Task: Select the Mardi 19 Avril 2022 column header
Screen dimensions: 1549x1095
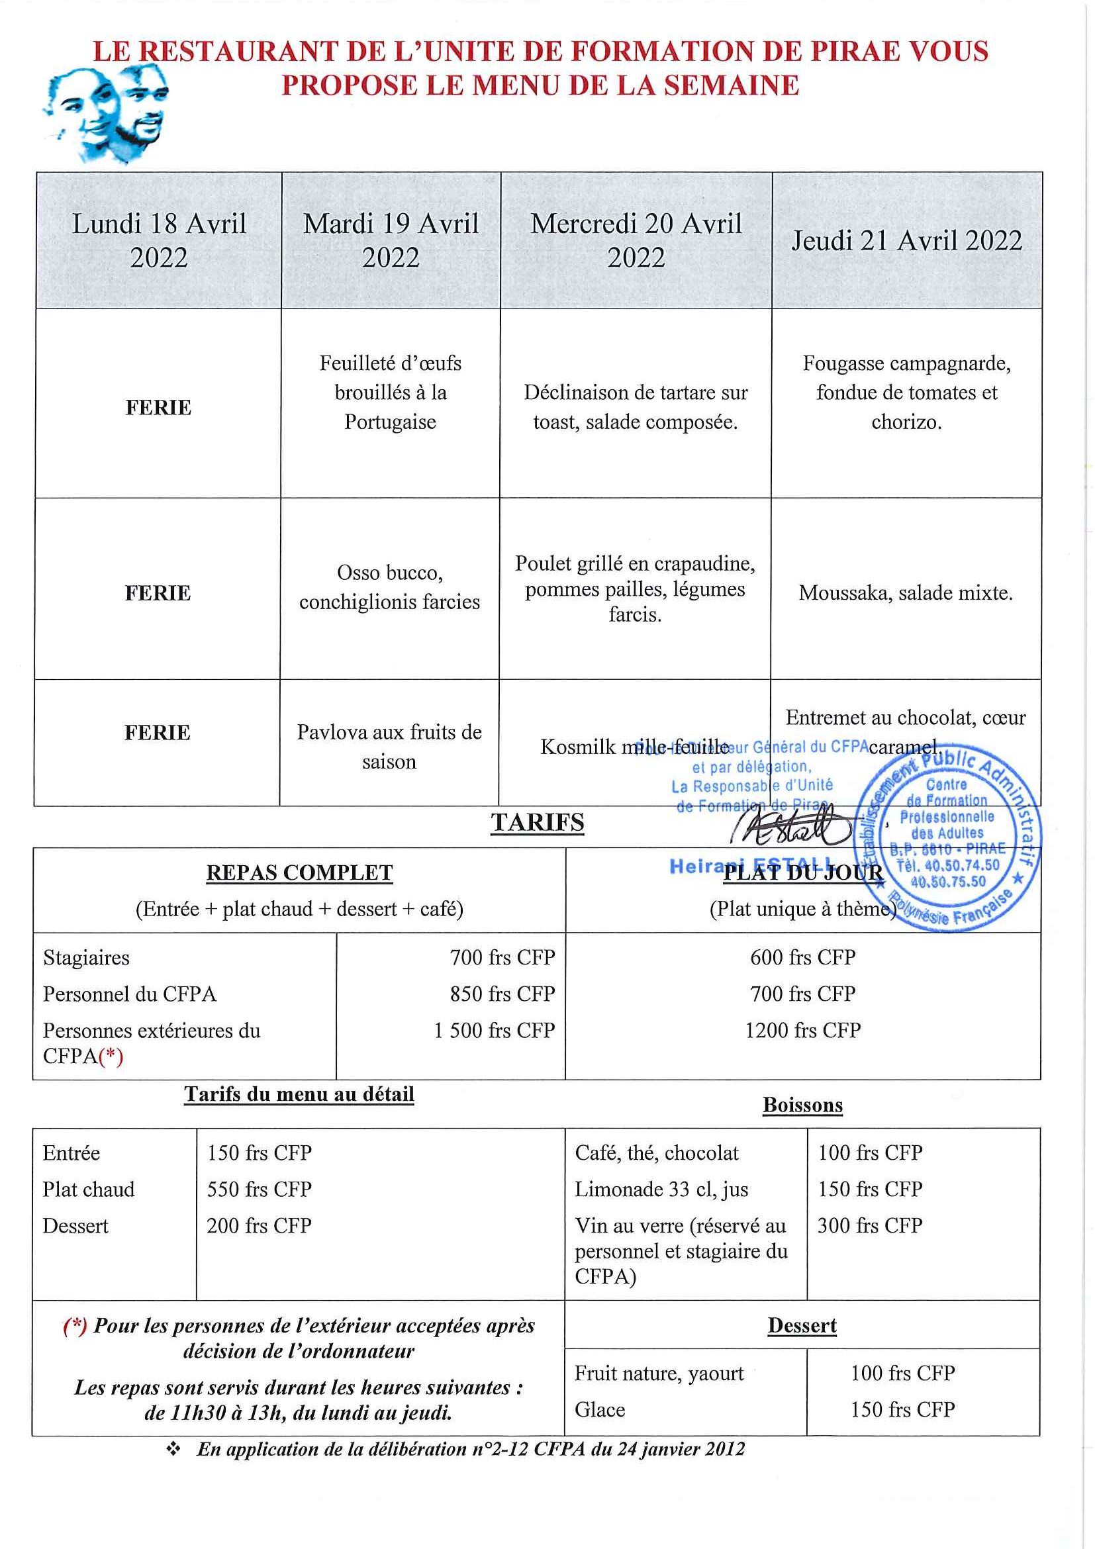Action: pos(391,240)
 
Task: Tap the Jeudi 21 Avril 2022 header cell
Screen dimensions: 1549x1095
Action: pos(906,241)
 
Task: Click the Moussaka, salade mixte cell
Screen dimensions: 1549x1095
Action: pos(906,593)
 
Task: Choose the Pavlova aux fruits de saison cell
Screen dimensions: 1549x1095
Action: pos(389,746)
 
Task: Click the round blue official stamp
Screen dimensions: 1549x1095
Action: pos(947,840)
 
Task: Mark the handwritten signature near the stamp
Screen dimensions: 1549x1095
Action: pos(792,827)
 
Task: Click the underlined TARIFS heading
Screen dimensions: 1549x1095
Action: pos(537,822)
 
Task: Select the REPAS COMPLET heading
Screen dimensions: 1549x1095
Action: pos(299,872)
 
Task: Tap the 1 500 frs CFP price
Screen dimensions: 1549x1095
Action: pos(494,1030)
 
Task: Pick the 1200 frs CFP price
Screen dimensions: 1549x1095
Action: pos(802,1030)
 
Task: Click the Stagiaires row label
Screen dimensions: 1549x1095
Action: pos(86,957)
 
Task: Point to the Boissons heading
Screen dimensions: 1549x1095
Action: pos(802,1105)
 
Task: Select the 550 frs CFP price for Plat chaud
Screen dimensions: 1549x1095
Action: pos(259,1189)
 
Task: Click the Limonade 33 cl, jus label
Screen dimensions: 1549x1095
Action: pos(661,1189)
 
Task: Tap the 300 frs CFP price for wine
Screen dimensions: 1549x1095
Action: pos(870,1225)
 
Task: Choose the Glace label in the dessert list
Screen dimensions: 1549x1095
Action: pos(600,1409)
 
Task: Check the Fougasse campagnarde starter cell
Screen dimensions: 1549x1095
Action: pos(906,393)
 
